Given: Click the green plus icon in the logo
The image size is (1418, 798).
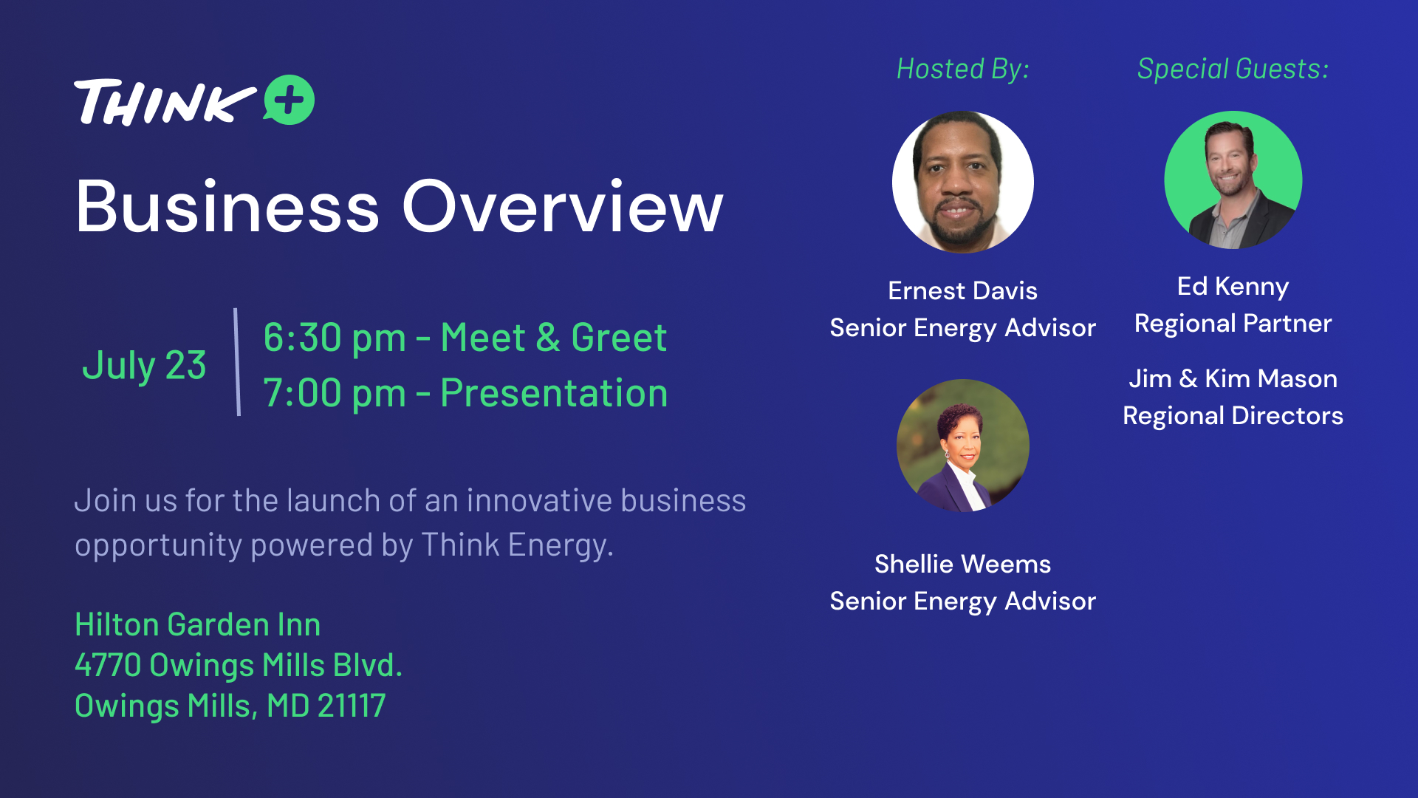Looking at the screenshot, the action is click(290, 100).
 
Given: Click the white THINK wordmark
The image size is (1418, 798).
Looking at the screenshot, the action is click(165, 102).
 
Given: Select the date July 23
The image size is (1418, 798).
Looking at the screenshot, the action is click(144, 366).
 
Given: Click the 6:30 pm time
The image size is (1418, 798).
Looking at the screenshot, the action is click(335, 338).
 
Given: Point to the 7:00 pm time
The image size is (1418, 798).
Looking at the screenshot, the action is click(335, 393).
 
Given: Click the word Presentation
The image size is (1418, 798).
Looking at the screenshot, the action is click(554, 393).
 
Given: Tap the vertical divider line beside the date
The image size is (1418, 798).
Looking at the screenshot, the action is click(237, 362).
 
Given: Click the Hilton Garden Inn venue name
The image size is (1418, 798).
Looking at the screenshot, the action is click(198, 625).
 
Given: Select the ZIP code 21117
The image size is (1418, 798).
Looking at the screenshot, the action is click(352, 706).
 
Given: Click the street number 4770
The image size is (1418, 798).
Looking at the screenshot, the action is click(108, 665).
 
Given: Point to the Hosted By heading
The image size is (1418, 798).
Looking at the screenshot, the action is click(963, 69).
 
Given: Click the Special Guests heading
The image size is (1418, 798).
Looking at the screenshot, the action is click(1233, 69).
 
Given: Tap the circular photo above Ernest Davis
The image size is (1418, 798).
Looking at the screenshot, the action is click(963, 182).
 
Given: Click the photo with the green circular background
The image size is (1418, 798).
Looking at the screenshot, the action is click(1233, 180).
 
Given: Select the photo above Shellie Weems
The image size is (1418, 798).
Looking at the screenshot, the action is click(963, 446).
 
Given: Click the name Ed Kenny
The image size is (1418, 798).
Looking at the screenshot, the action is click(1233, 287).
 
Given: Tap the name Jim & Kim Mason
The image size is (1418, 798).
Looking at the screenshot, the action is click(1233, 378).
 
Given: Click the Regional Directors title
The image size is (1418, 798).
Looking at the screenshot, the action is click(1233, 416).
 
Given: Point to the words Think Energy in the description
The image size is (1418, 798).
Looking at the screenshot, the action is click(517, 545).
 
